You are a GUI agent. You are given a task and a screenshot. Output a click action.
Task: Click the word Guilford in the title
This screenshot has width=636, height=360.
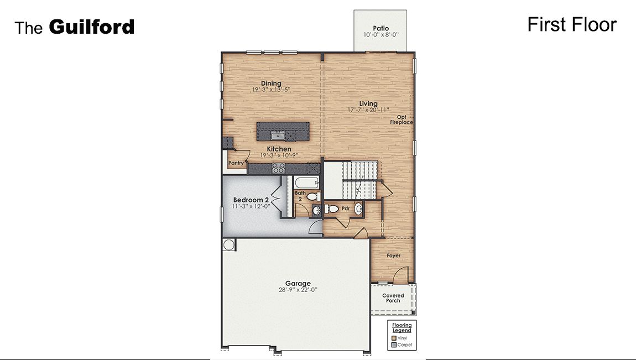pyautogui.click(x=92, y=27)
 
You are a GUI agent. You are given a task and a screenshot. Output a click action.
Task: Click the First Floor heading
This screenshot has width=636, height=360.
pyautogui.click(x=571, y=24)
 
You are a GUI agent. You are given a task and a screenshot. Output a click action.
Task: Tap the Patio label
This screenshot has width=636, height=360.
pyautogui.click(x=380, y=28)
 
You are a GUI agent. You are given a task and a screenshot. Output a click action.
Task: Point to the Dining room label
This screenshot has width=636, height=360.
pyautogui.click(x=271, y=84)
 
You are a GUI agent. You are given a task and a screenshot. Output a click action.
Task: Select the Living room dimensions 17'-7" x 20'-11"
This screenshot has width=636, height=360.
pyautogui.click(x=368, y=110)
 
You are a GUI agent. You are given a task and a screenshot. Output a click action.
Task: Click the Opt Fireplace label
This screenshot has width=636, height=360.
pyautogui.click(x=402, y=119)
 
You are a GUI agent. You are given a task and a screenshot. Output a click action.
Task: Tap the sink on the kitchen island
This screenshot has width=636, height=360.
pyautogui.click(x=277, y=135)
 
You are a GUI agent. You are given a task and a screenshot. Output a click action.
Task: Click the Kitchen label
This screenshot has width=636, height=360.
pyautogui.click(x=279, y=149)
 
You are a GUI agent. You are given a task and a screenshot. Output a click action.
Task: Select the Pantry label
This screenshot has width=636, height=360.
pyautogui.click(x=236, y=163)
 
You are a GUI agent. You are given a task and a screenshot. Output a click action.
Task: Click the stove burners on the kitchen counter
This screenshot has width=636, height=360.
pyautogui.click(x=278, y=168)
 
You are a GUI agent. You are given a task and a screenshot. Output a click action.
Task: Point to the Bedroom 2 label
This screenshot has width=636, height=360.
pyautogui.click(x=251, y=200)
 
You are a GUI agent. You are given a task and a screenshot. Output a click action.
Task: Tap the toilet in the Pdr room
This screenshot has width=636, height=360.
pyautogui.click(x=332, y=208)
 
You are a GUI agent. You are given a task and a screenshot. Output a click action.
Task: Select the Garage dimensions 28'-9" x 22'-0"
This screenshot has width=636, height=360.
pyautogui.click(x=298, y=290)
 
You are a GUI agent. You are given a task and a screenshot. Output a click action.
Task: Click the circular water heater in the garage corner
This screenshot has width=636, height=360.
pyautogui.click(x=228, y=244)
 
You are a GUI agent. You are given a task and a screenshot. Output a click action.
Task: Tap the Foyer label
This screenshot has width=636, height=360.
pyautogui.click(x=393, y=255)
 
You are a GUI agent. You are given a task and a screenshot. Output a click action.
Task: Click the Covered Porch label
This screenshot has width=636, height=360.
pyautogui.click(x=393, y=298)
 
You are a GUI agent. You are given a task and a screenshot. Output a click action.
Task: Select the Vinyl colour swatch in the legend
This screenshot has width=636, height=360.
pyautogui.click(x=394, y=337)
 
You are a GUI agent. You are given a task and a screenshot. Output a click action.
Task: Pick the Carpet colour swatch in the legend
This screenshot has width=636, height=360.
pyautogui.click(x=394, y=345)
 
